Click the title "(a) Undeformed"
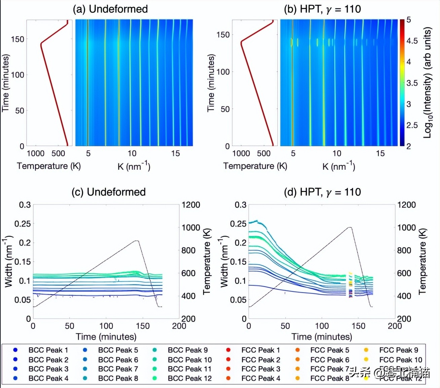(110, 9)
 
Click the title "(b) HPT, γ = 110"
(322, 9)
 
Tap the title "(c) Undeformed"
(108, 192)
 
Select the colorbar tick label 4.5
(412, 41)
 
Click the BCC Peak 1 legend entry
(48, 350)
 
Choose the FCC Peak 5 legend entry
(330, 350)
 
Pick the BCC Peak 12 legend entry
(190, 378)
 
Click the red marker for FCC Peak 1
(228, 350)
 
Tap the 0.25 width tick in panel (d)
(238, 224)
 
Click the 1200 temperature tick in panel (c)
(191, 205)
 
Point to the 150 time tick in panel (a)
(17, 39)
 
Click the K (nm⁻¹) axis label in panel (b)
(338, 166)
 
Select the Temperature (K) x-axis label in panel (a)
(49, 166)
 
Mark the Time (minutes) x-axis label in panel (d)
(322, 337)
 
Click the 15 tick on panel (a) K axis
(175, 154)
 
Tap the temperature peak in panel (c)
(137, 241)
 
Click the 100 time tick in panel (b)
(223, 72)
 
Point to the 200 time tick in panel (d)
(395, 326)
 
